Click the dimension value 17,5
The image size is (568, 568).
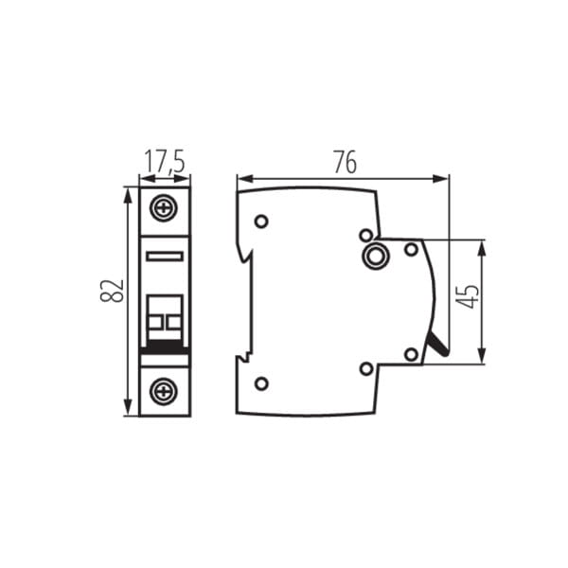tap(165, 162)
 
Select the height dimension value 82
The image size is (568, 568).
tap(112, 291)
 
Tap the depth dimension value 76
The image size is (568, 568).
tap(346, 162)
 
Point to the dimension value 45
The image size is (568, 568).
tap(468, 296)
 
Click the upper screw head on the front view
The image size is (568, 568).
tap(165, 208)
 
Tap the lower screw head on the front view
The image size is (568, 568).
tap(165, 391)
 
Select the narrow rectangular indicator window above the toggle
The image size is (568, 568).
tap(165, 257)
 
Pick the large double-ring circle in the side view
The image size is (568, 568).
tap(376, 257)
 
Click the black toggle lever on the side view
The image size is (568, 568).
tap(438, 345)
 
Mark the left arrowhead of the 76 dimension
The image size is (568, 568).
tap(245, 178)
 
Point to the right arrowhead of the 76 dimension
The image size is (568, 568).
tap(441, 178)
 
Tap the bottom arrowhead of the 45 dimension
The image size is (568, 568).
tap(482, 355)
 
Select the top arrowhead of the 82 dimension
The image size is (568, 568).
tap(127, 196)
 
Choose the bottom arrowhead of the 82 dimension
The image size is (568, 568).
tap(127, 407)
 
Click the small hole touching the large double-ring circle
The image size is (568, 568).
tap(366, 236)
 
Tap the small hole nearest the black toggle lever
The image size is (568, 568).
tap(411, 355)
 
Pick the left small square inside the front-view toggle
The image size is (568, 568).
tap(155, 322)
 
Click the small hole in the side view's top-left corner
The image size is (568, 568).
tap(261, 221)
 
